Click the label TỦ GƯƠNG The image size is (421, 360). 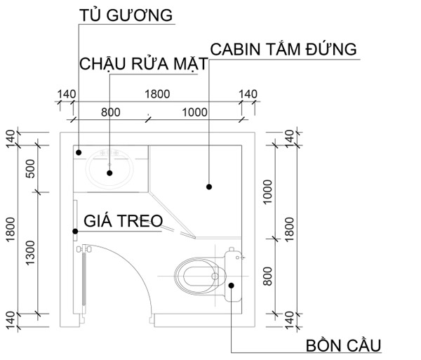tap(126, 15)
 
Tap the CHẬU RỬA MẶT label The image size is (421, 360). tap(144, 64)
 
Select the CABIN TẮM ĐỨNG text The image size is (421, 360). tap(283, 49)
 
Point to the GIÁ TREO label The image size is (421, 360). tap(123, 220)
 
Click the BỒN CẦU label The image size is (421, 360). tap(343, 345)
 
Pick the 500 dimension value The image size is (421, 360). tap(31, 168)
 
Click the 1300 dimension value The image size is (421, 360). tap(30, 253)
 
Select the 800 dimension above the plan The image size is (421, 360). tap(111, 112)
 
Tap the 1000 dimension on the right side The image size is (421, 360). tap(267, 192)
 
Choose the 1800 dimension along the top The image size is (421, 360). tap(157, 94)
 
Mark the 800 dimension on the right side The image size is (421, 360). tap(267, 276)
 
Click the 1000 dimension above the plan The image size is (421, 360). tap(194, 112)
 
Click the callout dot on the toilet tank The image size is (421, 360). tap(231, 286)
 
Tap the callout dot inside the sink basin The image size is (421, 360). tap(109, 173)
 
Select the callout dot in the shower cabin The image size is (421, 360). tap(209, 187)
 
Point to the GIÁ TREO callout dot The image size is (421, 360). tap(76, 231)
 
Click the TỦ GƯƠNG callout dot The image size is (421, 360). tap(79, 152)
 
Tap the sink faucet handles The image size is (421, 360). tap(109, 153)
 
